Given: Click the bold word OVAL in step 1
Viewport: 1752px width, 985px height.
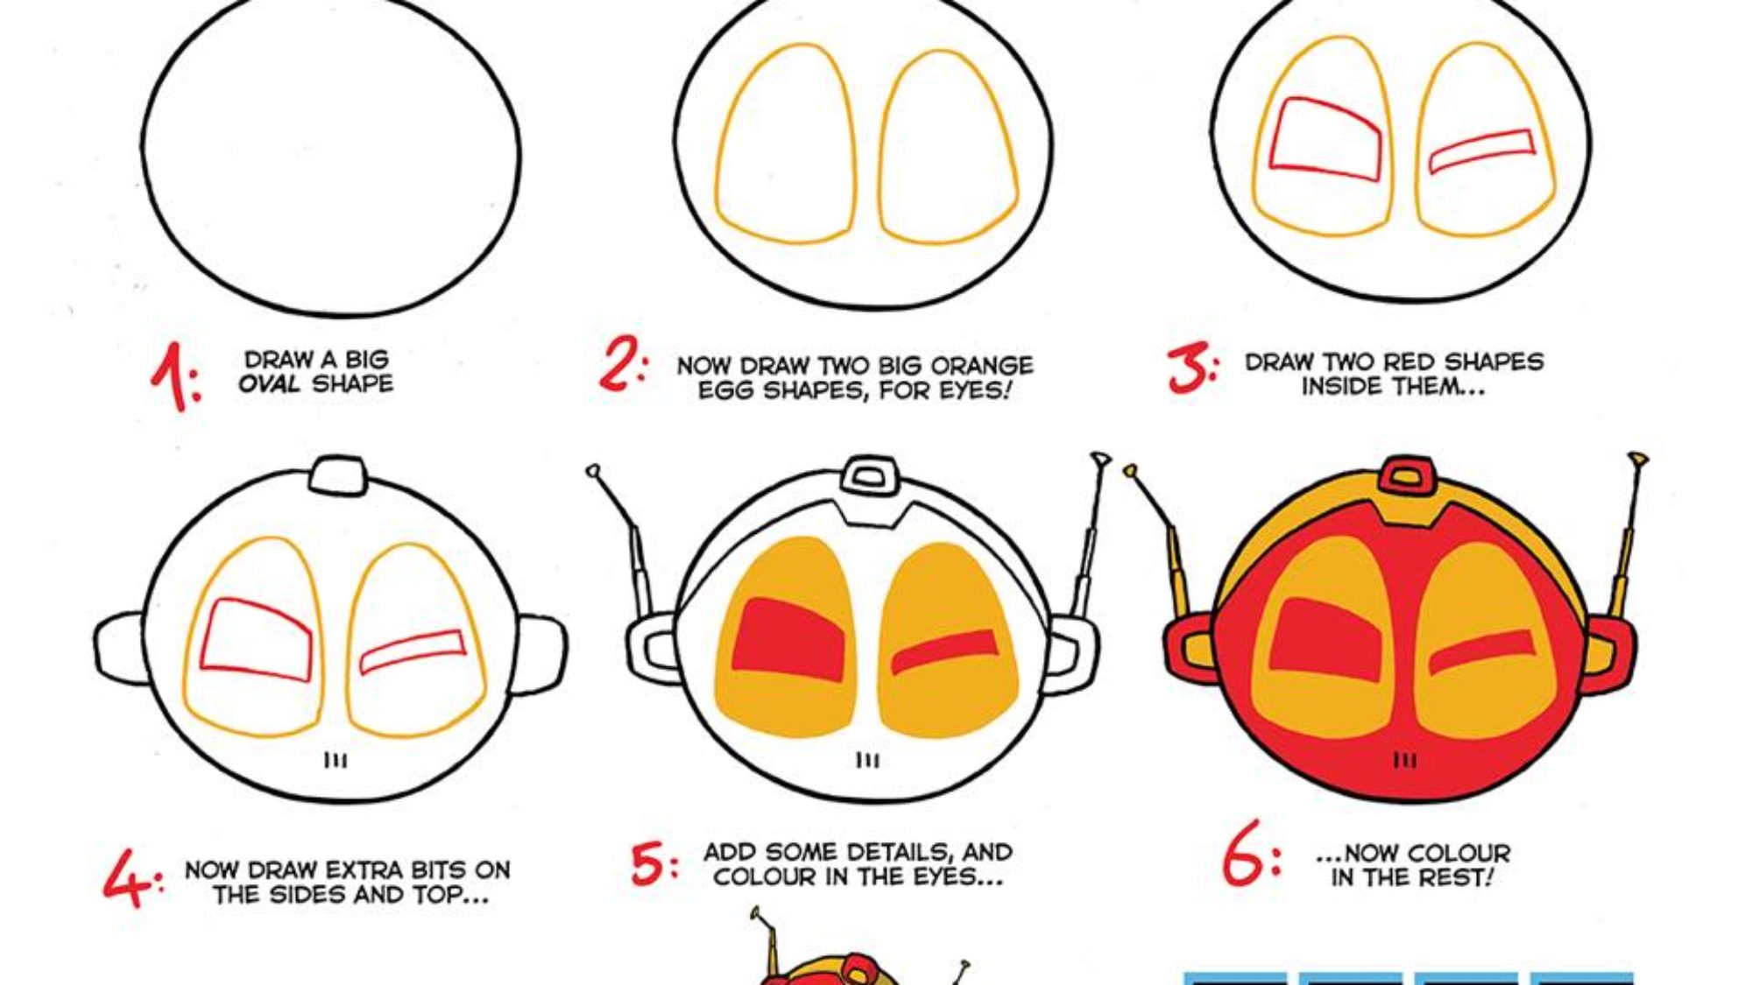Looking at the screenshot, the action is click(270, 383).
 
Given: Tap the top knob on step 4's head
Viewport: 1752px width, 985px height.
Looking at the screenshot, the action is click(338, 476).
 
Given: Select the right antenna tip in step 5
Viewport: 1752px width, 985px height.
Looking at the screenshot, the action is click(1100, 459).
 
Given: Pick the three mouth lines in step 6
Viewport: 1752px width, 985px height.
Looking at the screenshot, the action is click(1404, 760).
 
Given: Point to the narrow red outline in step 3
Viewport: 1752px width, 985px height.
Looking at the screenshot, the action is click(1482, 151).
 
